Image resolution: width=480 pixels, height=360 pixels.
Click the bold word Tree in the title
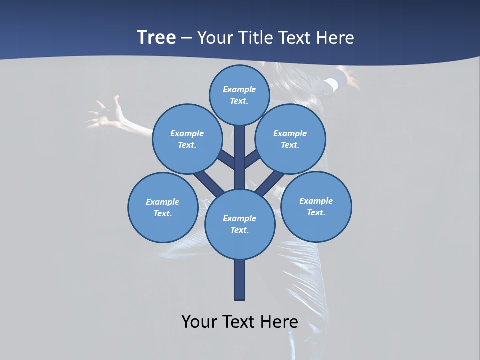(x=156, y=38)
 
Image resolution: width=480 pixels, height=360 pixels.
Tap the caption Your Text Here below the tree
(x=240, y=322)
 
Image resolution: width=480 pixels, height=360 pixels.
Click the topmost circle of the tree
(x=239, y=95)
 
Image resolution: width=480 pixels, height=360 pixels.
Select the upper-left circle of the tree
(x=187, y=139)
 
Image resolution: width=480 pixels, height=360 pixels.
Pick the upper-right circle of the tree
(x=290, y=139)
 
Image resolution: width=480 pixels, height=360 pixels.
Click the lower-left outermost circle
(x=163, y=207)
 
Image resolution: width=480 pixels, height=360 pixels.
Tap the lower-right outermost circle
(x=316, y=206)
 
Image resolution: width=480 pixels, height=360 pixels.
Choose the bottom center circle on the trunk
(x=240, y=224)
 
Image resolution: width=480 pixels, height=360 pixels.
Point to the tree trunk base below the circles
(x=240, y=280)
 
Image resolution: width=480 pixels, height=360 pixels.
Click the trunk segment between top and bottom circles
(x=240, y=157)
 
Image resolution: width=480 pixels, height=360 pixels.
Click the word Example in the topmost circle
(x=239, y=89)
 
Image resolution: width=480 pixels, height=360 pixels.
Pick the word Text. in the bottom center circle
(x=239, y=230)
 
